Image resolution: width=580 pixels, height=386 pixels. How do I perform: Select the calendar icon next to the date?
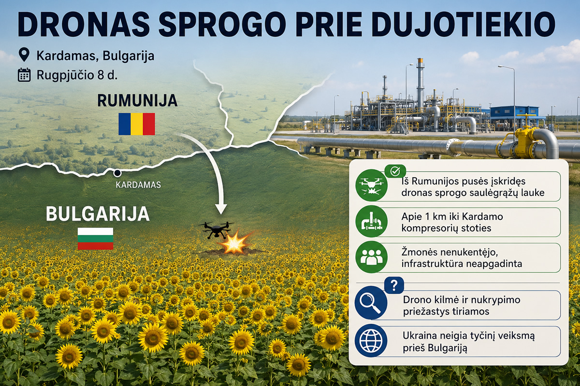24,75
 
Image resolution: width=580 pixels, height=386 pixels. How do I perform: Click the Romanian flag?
137,124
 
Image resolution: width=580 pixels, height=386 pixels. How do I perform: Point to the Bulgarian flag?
95,238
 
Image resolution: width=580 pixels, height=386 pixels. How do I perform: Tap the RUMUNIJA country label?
137,100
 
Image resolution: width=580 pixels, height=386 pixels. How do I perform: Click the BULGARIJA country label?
98,214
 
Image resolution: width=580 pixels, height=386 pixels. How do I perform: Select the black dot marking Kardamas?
117,173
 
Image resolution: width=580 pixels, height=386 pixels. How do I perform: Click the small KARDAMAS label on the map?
138,185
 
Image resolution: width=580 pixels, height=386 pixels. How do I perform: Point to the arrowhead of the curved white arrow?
221,209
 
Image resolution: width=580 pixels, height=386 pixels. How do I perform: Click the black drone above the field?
216,230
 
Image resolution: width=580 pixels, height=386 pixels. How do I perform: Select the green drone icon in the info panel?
371,185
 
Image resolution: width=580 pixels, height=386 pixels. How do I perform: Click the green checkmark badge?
395,171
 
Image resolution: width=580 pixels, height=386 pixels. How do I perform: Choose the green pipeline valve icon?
371,221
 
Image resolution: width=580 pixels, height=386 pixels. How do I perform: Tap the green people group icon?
371,257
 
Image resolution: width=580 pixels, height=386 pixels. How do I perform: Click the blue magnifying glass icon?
371,303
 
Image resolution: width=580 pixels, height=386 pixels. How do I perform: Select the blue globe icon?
371,341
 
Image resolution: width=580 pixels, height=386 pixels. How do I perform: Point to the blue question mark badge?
394,285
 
